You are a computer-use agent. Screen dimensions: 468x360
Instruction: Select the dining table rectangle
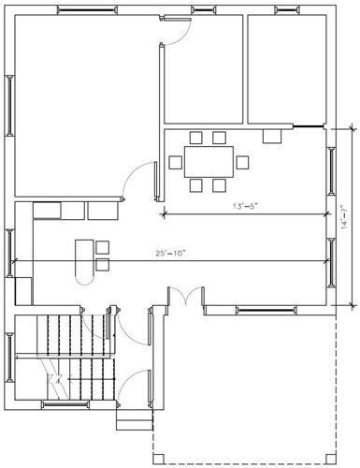pos(207,162)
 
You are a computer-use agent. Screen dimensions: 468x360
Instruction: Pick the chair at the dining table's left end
pos(175,162)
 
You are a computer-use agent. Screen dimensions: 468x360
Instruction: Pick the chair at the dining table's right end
pos(242,162)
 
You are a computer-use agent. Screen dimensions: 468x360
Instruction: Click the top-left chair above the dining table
pos(195,139)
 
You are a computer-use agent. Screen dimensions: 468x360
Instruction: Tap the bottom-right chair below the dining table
pos(220,185)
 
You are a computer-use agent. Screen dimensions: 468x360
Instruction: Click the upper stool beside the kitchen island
pos(102,247)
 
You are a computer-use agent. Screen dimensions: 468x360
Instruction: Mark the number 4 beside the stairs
pos(57,381)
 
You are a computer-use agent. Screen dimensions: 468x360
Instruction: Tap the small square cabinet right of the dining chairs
pos(272,137)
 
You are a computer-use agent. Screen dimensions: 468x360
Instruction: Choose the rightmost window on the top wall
pos(290,10)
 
